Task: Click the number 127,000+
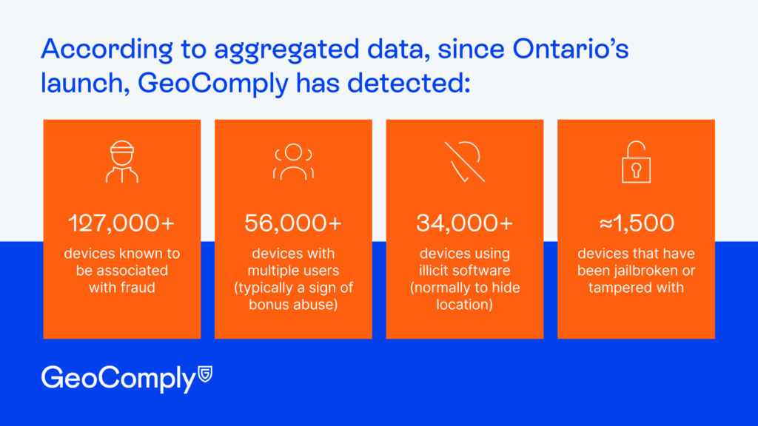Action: click(x=121, y=223)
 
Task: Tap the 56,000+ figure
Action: click(x=293, y=223)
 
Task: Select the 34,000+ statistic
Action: click(x=464, y=223)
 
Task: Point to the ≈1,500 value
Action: click(x=636, y=223)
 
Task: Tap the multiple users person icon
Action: click(x=293, y=162)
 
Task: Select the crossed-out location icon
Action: click(x=464, y=162)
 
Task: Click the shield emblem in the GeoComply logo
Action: click(x=205, y=376)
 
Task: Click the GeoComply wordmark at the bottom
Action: click(x=118, y=378)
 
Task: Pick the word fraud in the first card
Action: click(x=138, y=288)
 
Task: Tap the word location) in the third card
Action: click(x=464, y=304)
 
